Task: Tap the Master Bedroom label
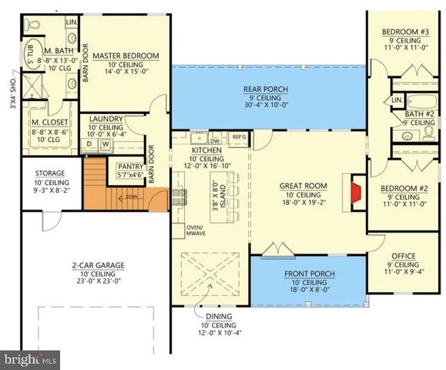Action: [126, 56]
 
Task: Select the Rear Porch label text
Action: [265, 89]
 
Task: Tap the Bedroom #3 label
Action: [405, 32]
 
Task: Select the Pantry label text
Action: [127, 166]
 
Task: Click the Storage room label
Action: [50, 173]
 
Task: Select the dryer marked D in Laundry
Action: [89, 143]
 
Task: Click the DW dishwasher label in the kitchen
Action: [215, 141]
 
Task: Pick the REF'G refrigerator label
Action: [239, 138]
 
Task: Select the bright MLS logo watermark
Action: [31, 358]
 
